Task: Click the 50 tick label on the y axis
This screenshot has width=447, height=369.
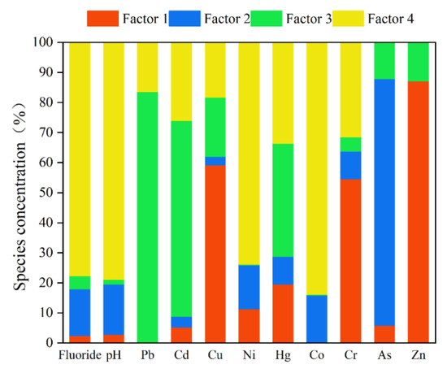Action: coord(44,193)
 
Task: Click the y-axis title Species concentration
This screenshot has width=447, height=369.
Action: coord(19,193)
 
